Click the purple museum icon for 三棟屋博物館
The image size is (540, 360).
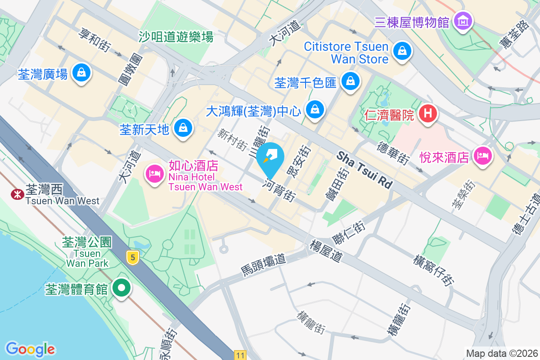pos(463,21)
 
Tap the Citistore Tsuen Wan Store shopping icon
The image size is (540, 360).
pos(402,51)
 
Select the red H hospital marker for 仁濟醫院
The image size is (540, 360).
pos(427,113)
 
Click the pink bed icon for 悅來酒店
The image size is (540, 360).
pos(483,156)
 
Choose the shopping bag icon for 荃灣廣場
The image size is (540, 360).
pos(82,72)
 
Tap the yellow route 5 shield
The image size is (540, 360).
pos(132,258)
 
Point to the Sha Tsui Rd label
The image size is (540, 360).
pos(364,170)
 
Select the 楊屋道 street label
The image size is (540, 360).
pos(326,251)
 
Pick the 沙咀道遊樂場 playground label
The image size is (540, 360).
pos(175,37)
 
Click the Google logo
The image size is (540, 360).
pos(30,349)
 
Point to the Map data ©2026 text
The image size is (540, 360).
pos(501,353)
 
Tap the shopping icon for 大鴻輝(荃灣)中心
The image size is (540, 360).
pos(315,109)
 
